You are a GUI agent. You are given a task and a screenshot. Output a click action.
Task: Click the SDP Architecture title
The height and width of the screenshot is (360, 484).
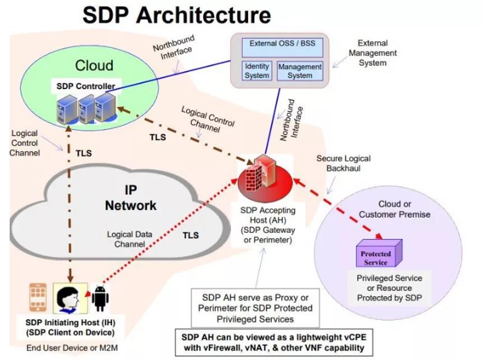point(176,15)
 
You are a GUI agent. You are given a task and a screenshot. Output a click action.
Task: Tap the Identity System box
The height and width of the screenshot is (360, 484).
point(257,71)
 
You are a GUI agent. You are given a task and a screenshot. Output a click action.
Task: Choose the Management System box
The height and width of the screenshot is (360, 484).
point(300,71)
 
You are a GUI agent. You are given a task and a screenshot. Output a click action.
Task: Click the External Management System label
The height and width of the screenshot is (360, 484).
point(373,53)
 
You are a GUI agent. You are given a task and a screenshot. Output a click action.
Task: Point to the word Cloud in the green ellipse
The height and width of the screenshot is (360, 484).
point(94,66)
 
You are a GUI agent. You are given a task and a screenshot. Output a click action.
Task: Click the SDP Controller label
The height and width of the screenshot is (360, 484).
point(86,86)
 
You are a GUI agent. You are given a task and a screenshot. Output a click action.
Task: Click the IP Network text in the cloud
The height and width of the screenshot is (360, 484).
point(131,197)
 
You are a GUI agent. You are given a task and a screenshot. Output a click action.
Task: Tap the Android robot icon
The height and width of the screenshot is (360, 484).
point(100,297)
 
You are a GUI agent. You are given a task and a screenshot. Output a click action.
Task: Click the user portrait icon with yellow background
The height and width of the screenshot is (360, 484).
point(68,297)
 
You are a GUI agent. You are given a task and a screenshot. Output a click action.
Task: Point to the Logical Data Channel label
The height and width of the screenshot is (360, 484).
point(130,239)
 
